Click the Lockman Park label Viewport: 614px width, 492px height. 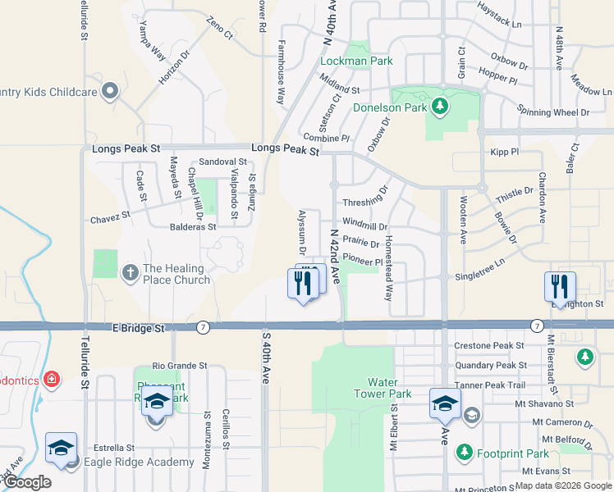coord(356,61)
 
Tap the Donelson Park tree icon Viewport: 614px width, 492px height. coord(440,106)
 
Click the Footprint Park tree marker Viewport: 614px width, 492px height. coord(465,452)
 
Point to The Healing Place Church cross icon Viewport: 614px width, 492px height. coord(131,272)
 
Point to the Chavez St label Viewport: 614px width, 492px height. coord(110,216)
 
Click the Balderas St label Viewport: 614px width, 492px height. coord(193,226)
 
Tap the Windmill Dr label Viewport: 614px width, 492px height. coord(365,223)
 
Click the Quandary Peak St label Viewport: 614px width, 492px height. coord(490,365)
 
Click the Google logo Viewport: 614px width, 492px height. coord(28,482)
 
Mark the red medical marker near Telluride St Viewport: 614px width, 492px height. coord(52,379)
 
